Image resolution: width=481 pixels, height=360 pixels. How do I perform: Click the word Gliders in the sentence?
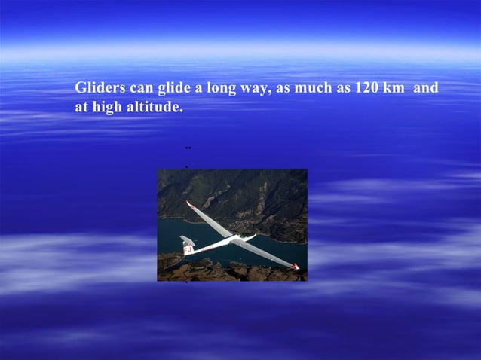coord(99,89)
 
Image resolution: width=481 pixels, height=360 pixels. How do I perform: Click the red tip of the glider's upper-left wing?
coord(188,203)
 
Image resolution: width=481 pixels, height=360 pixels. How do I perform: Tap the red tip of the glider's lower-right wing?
coord(296,266)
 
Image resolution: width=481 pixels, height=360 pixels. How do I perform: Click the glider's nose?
coord(254,239)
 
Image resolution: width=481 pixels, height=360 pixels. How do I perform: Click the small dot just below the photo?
coord(186,285)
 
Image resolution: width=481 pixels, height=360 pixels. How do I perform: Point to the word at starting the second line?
coord(81,108)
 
